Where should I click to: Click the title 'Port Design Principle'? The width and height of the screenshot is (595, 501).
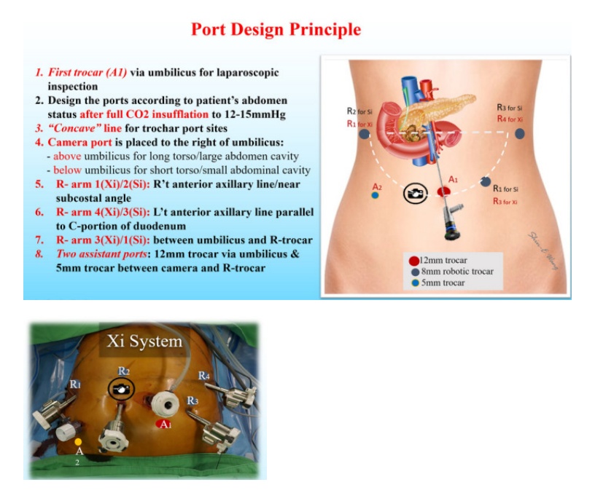[276, 30]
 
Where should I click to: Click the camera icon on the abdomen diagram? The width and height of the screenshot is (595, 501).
[416, 193]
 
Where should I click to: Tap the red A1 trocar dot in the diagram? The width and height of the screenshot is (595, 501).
[443, 192]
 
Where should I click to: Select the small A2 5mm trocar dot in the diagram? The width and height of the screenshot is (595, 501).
[375, 195]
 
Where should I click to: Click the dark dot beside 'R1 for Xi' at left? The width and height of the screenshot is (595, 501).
[365, 134]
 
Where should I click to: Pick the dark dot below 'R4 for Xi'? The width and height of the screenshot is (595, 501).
[519, 133]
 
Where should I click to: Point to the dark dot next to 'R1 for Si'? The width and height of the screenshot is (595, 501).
[486, 181]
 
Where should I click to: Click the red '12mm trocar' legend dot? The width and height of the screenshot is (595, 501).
[414, 261]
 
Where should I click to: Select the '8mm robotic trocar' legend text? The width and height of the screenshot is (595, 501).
[457, 272]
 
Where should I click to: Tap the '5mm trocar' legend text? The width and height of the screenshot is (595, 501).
[443, 283]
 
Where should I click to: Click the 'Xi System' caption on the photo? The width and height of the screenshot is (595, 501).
[144, 341]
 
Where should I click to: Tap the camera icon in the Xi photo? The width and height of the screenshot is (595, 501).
[121, 389]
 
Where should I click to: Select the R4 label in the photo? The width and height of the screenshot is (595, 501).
[203, 376]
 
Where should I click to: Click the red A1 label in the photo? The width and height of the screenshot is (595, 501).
[164, 424]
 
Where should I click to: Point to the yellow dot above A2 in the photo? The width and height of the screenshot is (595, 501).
[78, 441]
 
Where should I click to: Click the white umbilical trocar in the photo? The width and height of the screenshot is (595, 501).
[165, 404]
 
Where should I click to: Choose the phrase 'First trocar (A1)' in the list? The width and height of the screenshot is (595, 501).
[87, 72]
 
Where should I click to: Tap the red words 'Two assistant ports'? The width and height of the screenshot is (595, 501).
[101, 254]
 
